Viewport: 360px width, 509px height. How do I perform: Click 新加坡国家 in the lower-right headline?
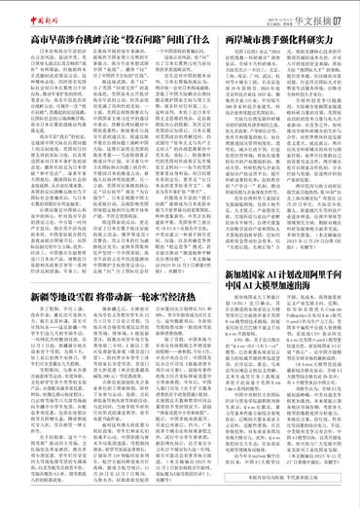coord(243,275)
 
